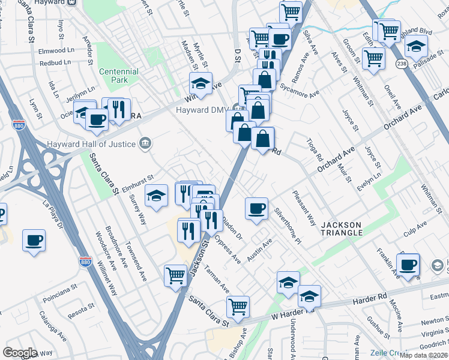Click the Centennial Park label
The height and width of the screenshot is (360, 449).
coord(119,75)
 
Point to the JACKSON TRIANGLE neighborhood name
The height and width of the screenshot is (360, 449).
coord(342,228)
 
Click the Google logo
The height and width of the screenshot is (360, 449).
coord(20,353)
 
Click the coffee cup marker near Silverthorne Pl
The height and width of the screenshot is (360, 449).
coord(256,209)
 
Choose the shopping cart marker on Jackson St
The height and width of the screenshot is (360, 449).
coord(176,276)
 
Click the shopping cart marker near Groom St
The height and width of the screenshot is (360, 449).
coord(373,59)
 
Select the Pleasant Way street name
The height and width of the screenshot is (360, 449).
coord(304,208)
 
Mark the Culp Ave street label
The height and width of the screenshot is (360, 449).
coord(415,227)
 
